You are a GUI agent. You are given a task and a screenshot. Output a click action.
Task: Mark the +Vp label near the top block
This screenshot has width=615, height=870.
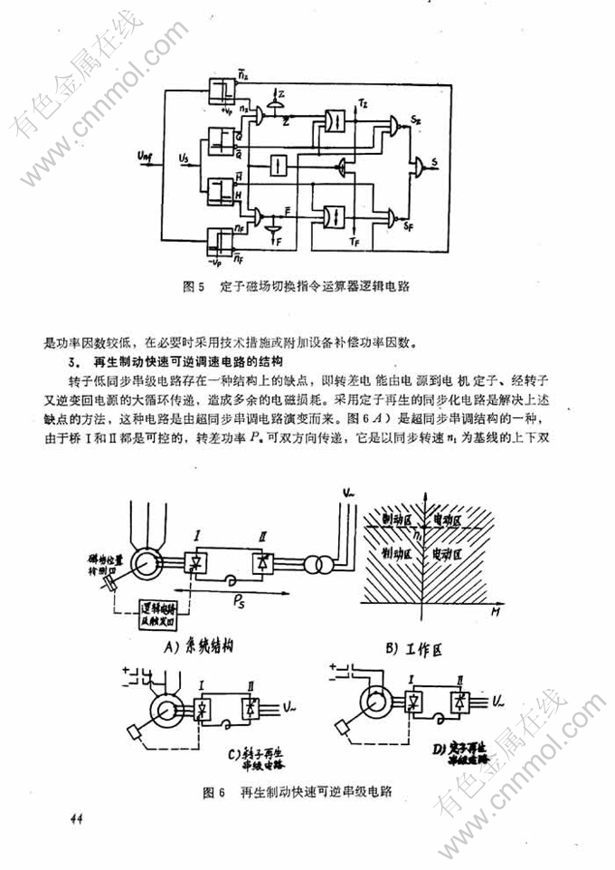tap(225, 113)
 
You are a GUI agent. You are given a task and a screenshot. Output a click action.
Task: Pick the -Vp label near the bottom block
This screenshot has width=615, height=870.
tap(214, 260)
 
